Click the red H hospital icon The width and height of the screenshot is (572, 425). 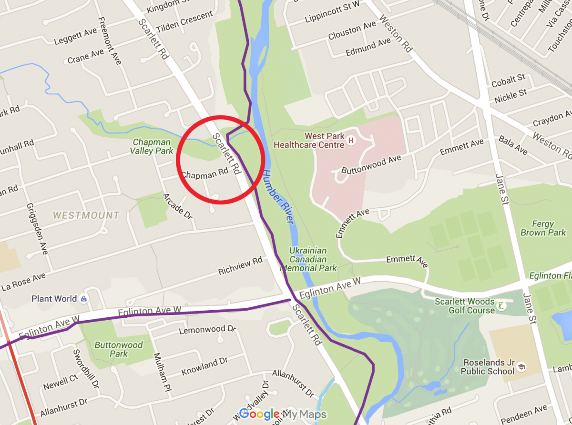(x=351, y=141)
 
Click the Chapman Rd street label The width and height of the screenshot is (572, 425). (x=205, y=175)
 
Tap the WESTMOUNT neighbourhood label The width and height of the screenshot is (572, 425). (x=86, y=215)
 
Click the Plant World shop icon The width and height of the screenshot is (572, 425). (x=84, y=299)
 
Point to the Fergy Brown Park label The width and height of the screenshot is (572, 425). (x=543, y=228)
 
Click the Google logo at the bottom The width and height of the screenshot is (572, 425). (x=259, y=414)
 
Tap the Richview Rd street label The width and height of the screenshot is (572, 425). (x=241, y=266)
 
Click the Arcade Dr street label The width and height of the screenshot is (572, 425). (x=177, y=206)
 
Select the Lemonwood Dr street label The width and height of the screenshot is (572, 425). (x=207, y=330)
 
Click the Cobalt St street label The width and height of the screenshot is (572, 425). (x=508, y=81)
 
